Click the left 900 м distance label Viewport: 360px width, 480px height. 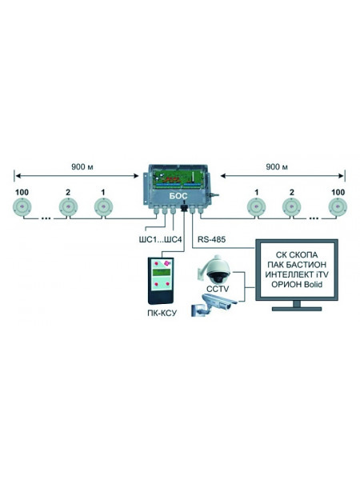click(82, 167)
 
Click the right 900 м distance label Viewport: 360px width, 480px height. click(277, 167)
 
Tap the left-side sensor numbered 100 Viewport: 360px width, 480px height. click(22, 206)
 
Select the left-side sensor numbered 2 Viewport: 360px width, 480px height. click(68, 206)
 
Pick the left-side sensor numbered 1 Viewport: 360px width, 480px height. click(103, 206)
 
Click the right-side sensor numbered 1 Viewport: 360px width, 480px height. click(256, 206)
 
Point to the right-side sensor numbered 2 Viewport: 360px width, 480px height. click(291, 206)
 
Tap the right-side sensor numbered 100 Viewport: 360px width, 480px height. click(338, 206)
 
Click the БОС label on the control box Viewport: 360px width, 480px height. click(178, 196)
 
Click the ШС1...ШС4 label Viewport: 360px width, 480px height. click(160, 239)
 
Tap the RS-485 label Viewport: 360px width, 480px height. click(211, 239)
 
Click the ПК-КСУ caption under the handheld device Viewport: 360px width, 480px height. click(162, 313)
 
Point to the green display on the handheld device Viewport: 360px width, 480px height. click(162, 273)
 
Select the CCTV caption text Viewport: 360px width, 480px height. click(218, 289)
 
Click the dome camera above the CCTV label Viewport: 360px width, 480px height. click(216, 270)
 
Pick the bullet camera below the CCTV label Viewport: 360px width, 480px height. click(214, 306)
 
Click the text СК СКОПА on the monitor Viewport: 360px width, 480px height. click(297, 254)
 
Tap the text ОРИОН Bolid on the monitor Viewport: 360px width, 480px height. click(297, 284)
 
